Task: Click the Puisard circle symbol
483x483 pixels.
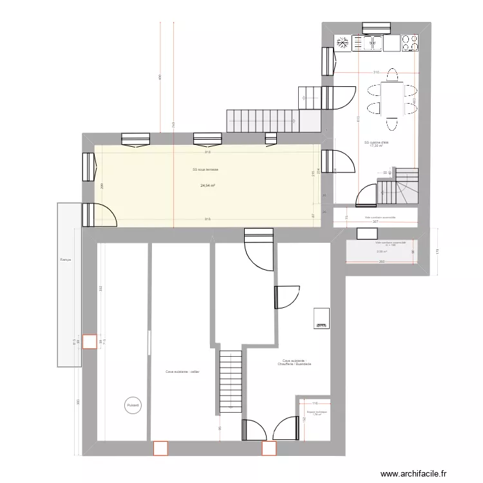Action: point(133,406)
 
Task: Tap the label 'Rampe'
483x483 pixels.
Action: point(65,260)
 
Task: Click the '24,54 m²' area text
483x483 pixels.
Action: point(207,185)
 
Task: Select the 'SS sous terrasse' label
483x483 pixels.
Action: point(205,170)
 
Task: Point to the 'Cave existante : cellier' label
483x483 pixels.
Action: point(182,372)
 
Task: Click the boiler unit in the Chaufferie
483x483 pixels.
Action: point(321,318)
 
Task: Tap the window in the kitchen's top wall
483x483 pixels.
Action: point(375,27)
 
